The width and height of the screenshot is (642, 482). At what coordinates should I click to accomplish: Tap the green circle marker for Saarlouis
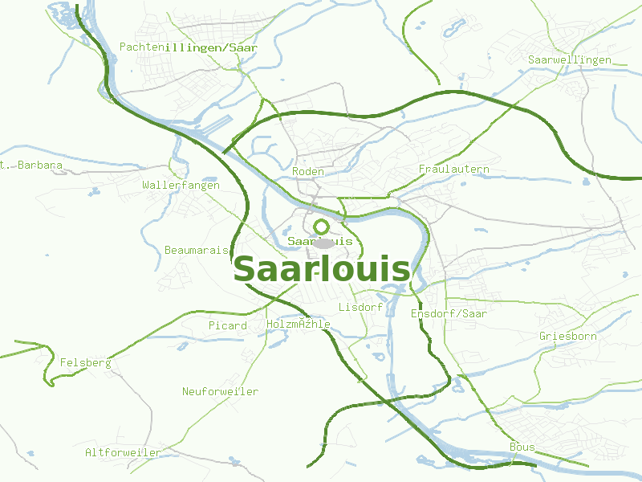click(322, 227)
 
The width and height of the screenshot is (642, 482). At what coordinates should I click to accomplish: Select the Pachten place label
click(141, 47)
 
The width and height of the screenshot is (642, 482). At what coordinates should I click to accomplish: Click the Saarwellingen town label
click(569, 59)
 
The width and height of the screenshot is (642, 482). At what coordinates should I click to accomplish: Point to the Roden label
click(308, 172)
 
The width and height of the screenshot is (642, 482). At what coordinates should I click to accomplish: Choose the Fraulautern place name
click(453, 170)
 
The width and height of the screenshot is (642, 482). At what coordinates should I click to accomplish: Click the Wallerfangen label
click(181, 185)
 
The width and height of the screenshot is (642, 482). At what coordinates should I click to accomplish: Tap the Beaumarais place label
click(196, 250)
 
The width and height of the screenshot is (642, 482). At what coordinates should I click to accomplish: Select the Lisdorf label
click(360, 308)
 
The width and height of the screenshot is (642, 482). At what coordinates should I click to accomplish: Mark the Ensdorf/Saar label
click(448, 313)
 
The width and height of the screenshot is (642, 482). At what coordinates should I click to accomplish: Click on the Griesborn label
click(567, 336)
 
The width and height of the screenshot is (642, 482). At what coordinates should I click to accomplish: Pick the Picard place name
click(227, 325)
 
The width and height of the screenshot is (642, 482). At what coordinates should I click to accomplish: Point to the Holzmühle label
click(298, 324)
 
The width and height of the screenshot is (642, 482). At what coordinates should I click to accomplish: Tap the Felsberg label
click(85, 363)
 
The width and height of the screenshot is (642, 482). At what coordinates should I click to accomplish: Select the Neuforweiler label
click(220, 391)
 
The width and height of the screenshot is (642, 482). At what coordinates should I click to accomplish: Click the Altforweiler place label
click(123, 452)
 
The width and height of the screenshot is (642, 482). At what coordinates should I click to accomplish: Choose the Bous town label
click(522, 447)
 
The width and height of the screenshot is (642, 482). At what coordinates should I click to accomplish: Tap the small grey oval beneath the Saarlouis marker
click(323, 243)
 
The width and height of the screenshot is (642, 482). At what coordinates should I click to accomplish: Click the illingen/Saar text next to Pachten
click(211, 47)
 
